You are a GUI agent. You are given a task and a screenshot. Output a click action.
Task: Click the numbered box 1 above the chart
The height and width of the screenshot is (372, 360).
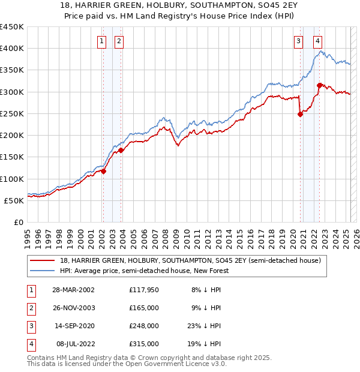tap(101, 41)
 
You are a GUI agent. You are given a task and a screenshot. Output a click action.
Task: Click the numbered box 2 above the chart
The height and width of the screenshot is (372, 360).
tap(119, 41)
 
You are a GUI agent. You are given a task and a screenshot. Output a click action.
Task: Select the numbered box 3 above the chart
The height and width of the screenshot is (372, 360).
tap(298, 41)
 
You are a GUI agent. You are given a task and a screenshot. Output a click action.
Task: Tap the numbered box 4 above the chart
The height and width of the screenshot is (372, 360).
tap(317, 41)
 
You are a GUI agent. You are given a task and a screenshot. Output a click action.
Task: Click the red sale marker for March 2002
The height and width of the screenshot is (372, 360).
tap(103, 171)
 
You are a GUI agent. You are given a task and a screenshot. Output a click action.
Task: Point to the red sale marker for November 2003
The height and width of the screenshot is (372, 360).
tap(121, 151)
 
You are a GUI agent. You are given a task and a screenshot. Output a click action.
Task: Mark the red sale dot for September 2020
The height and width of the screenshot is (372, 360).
tap(300, 115)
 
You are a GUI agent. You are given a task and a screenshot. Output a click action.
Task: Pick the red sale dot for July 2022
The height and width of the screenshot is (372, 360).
tap(319, 85)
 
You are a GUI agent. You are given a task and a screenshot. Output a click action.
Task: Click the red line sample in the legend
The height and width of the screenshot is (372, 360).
tap(43, 261)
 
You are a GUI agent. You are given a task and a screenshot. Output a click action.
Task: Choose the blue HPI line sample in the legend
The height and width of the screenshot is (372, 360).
tap(43, 271)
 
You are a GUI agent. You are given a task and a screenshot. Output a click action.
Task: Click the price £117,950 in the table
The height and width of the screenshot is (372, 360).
tap(143, 290)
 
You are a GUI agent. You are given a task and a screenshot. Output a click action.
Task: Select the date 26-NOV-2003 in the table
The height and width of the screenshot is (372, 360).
tap(74, 308)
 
